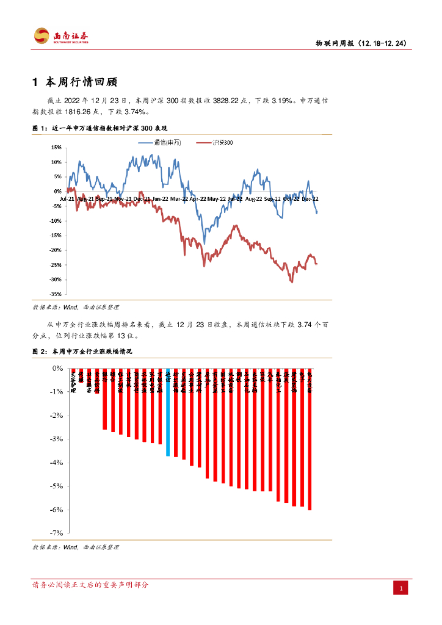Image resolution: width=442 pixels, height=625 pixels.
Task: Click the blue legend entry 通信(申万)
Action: tap(159, 142)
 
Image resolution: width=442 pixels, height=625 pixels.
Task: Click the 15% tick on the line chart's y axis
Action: tap(56, 147)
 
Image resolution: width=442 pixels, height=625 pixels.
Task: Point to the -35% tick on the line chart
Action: tap(54, 294)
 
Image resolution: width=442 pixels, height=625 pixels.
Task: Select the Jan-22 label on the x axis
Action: tap(161, 199)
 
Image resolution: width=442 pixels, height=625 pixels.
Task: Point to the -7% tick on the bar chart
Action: tap(57, 533)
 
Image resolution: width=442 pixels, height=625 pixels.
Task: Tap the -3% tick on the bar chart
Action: tap(57, 439)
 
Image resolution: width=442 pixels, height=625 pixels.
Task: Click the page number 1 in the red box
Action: tap(400, 588)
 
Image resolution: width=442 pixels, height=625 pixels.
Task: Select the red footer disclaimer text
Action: tap(90, 585)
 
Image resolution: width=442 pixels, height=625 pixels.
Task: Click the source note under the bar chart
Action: tap(76, 547)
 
